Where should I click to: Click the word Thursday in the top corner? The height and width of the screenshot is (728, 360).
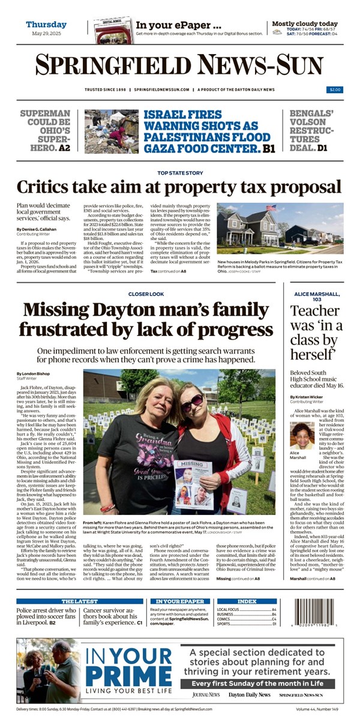coord(46,25)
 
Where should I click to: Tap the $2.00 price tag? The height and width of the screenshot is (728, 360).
coord(335,89)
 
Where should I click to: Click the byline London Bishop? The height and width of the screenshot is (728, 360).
coord(37,374)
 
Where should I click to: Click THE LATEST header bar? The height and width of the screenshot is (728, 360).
coord(80,584)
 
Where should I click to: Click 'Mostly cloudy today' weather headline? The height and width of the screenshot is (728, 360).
coord(305,24)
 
